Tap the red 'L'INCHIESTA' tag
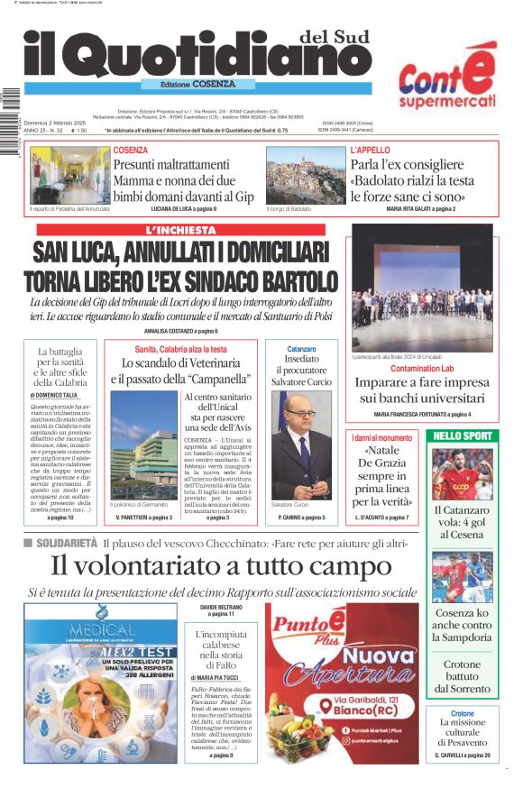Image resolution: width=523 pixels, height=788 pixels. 181,230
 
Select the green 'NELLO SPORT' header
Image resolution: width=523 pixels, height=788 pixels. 463,435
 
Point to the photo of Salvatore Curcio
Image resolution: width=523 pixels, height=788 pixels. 300,449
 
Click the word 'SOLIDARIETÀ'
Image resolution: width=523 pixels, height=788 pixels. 68,543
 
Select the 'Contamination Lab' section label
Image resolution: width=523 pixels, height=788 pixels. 422,369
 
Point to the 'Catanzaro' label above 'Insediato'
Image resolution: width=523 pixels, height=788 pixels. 301,348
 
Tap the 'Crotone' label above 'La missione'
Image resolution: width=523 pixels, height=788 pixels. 463,713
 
